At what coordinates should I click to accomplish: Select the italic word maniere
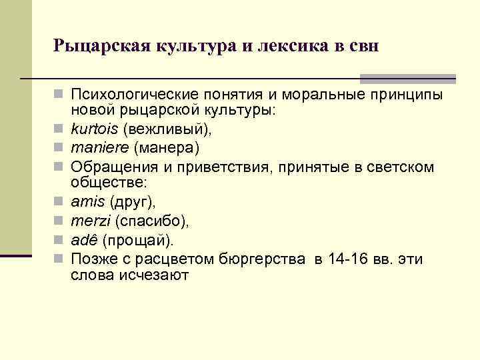click(x=97, y=146)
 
